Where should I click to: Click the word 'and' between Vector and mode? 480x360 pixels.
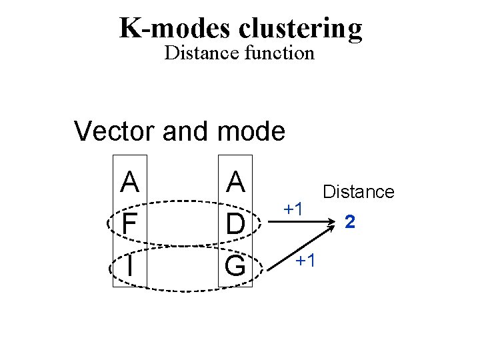pyautogui.click(x=183, y=131)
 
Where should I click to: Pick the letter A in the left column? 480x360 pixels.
pyautogui.click(x=130, y=181)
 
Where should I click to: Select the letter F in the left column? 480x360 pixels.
pyautogui.click(x=129, y=223)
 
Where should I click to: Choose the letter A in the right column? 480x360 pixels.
pyautogui.click(x=235, y=181)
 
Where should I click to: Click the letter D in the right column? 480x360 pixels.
pyautogui.click(x=235, y=223)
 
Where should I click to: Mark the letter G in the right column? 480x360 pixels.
pyautogui.click(x=235, y=266)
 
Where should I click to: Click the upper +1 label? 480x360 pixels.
pyautogui.click(x=294, y=208)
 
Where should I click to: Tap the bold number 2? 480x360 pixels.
pyautogui.click(x=350, y=221)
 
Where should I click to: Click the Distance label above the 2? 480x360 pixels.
pyautogui.click(x=359, y=192)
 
